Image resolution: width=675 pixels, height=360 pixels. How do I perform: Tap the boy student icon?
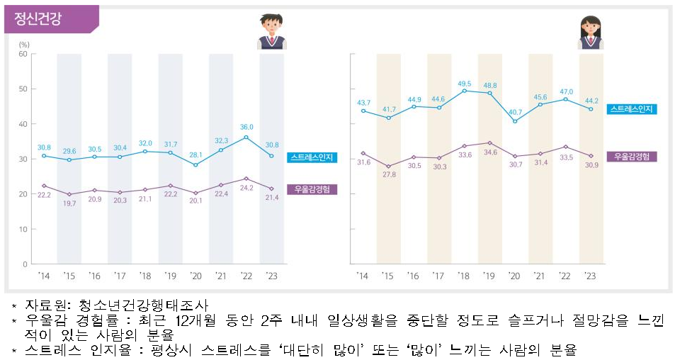pyautogui.click(x=271, y=32)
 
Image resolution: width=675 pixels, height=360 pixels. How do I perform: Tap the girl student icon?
pyautogui.click(x=590, y=33)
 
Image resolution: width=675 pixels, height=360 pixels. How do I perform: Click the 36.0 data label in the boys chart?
pyautogui.click(x=246, y=128)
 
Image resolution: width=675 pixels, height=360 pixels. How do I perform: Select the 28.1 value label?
pyautogui.click(x=196, y=155)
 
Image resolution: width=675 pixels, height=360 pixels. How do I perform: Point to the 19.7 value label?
pyautogui.click(x=69, y=203)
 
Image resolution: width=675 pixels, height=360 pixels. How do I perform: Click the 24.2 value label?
pyautogui.click(x=246, y=189)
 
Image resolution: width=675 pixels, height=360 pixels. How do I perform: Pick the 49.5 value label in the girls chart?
pyautogui.click(x=465, y=83)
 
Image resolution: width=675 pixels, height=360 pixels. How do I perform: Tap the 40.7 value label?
pyautogui.click(x=515, y=112)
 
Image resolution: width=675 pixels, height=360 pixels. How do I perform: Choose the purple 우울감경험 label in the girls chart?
pyautogui.click(x=632, y=156)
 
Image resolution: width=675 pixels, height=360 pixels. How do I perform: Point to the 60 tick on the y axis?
pyautogui.click(x=22, y=54)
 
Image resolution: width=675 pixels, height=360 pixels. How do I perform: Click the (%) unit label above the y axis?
pyautogui.click(x=23, y=44)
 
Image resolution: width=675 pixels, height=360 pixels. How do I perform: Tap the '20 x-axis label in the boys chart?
pyautogui.click(x=196, y=276)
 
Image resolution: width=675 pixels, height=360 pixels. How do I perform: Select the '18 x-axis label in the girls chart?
pyautogui.click(x=464, y=276)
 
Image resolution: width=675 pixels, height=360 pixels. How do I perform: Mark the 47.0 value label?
pyautogui.click(x=565, y=91)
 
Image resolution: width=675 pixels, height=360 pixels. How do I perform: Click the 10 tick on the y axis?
pyautogui.click(x=23, y=229)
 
